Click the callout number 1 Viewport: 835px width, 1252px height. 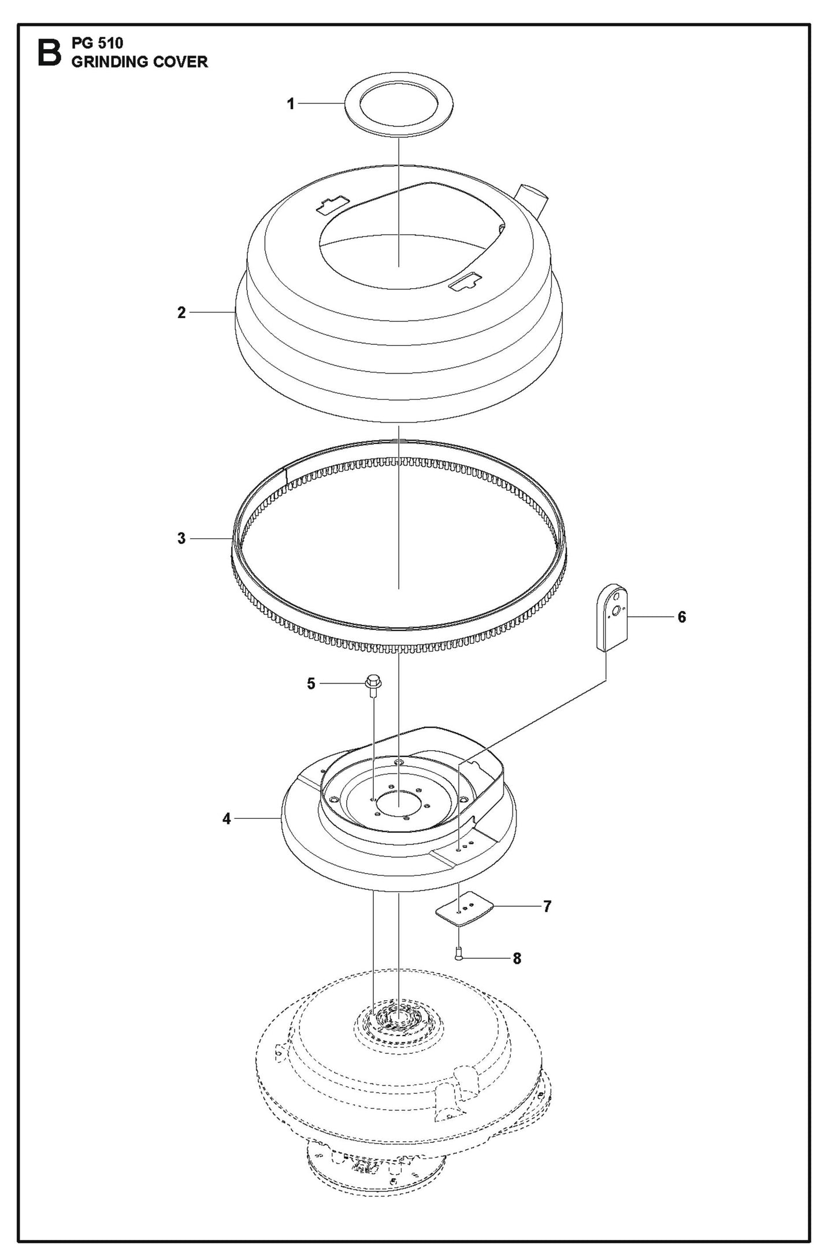[291, 104]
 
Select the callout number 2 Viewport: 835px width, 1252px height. [181, 312]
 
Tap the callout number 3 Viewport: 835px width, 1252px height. [181, 538]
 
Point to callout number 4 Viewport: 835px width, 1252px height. [227, 818]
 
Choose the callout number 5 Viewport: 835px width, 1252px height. [311, 684]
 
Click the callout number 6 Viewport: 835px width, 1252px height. [682, 617]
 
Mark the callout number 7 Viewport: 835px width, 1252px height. [547, 906]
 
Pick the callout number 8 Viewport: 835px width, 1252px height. [517, 958]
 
